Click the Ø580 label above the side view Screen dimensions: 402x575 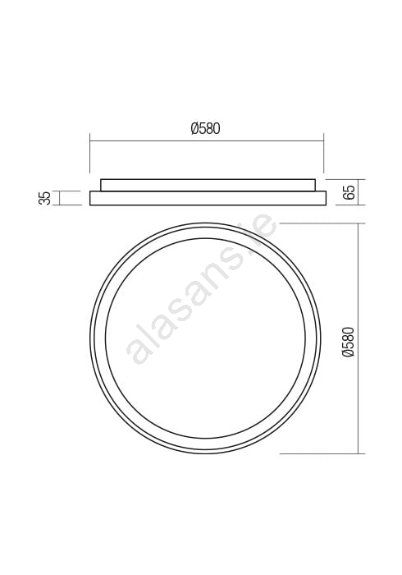(205, 128)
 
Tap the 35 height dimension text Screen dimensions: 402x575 (45, 198)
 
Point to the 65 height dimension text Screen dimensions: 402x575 (349, 192)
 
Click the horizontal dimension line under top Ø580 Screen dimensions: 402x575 (207, 140)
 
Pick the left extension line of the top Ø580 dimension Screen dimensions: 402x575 (90, 154)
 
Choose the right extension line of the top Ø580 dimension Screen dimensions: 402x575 (323, 154)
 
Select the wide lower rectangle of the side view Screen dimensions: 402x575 (208, 198)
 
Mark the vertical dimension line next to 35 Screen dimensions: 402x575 (59, 198)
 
